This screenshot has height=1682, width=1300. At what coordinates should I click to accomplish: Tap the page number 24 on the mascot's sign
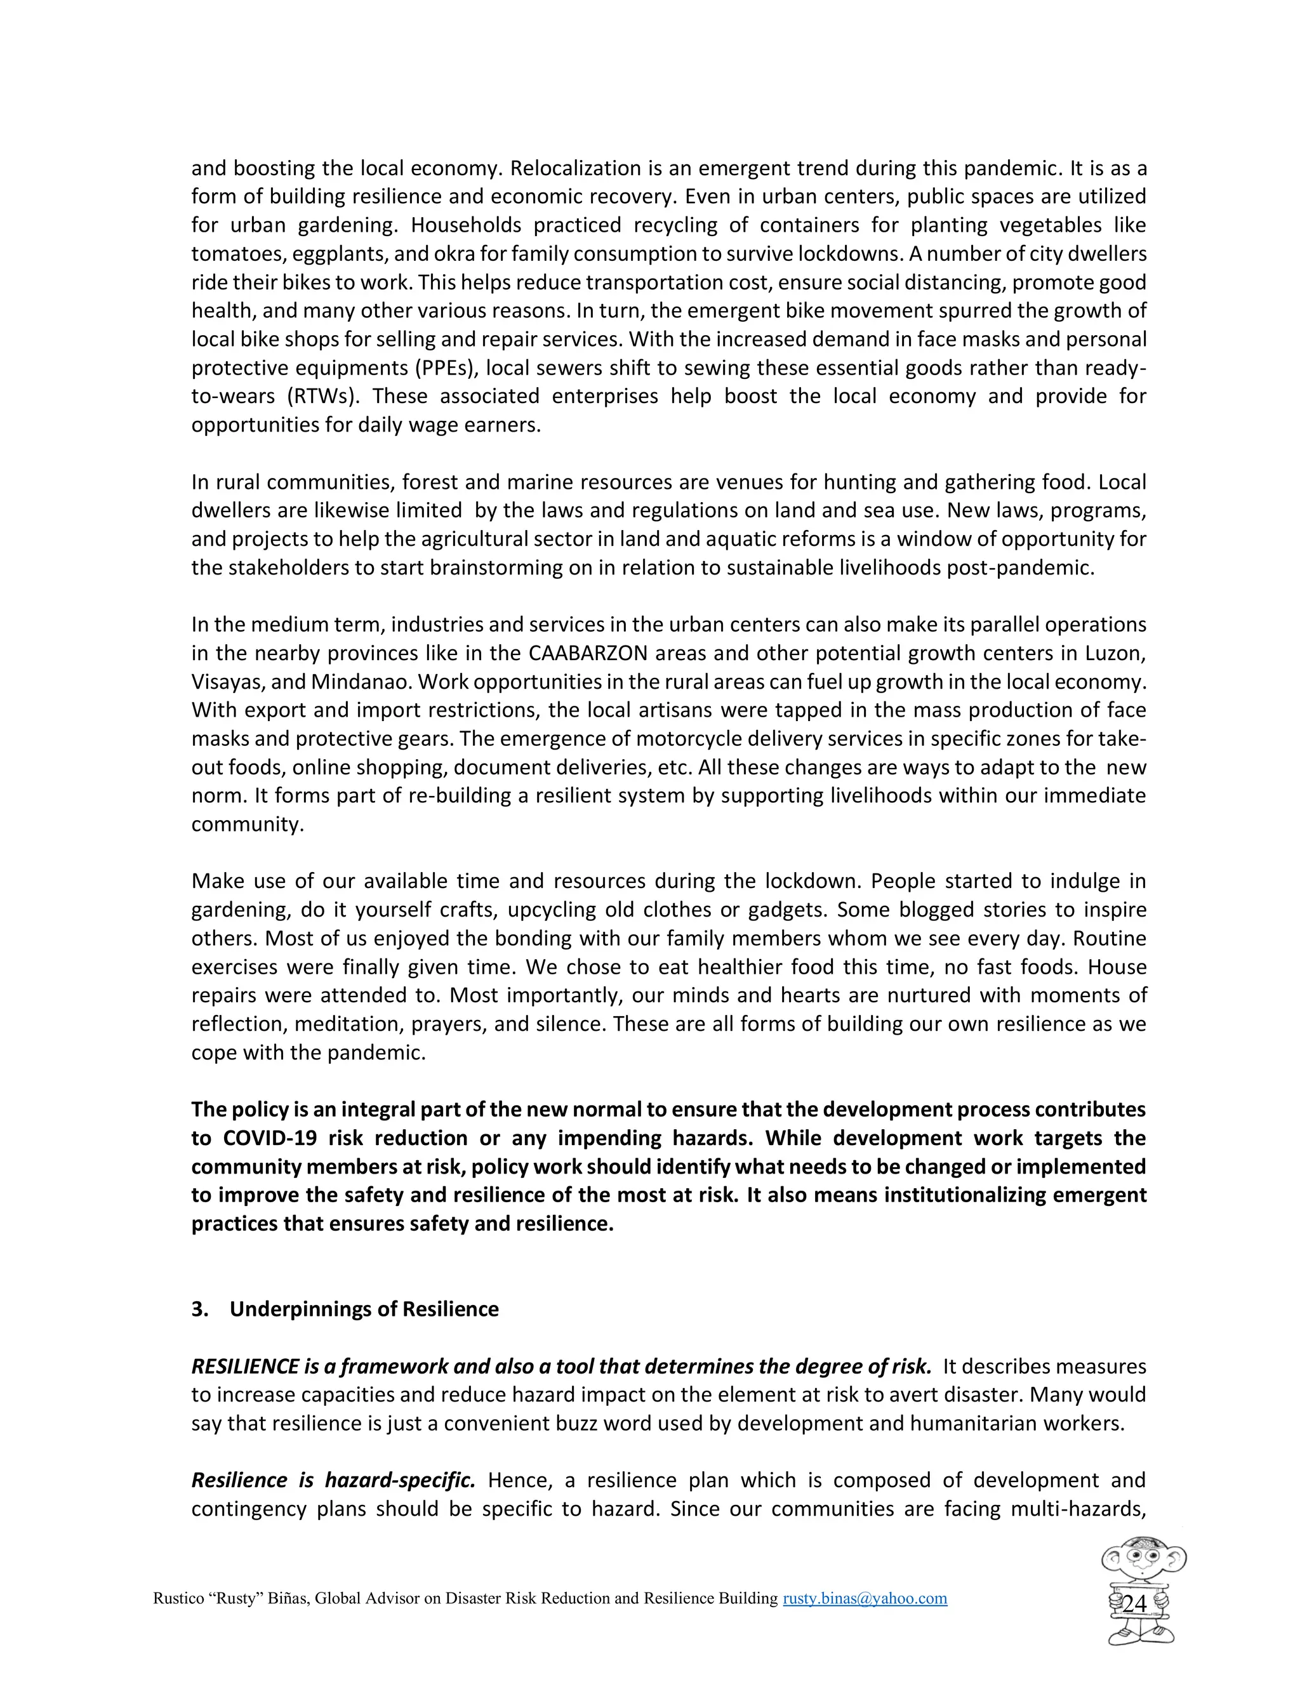click(x=1134, y=1604)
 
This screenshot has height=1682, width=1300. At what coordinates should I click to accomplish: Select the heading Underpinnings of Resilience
click(x=364, y=1309)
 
